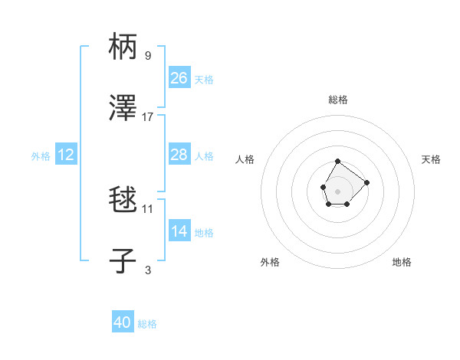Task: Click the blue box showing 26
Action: (179, 78)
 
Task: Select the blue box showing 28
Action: (179, 155)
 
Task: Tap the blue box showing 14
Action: (179, 231)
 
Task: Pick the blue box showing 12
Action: (66, 155)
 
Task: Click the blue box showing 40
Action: (123, 322)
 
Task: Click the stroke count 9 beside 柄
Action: (148, 55)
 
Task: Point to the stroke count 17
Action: (148, 116)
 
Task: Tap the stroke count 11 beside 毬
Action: (148, 208)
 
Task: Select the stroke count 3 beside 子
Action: (148, 270)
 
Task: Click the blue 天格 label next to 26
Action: (204, 80)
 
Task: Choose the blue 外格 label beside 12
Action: (41, 156)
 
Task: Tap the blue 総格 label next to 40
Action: (147, 324)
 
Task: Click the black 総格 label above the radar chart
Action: (338, 100)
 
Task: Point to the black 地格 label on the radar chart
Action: (402, 262)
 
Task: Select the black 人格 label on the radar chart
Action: (245, 159)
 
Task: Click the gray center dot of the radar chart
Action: (337, 190)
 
